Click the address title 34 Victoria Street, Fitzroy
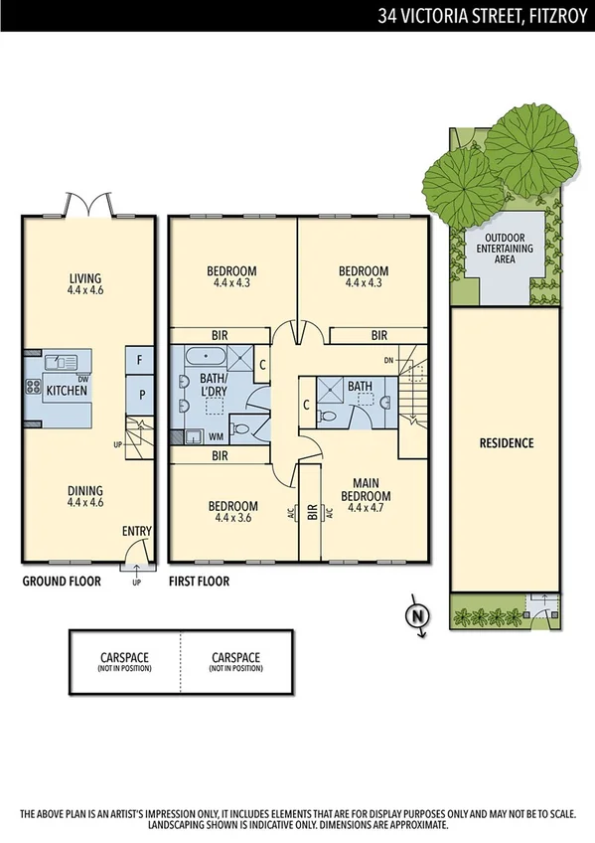tap(483, 15)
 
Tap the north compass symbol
tap(418, 616)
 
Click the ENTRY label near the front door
tap(136, 533)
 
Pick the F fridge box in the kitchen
tap(141, 359)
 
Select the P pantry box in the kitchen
tap(141, 395)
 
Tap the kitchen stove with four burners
tap(33, 387)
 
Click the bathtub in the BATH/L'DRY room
tap(191, 357)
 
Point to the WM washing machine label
tap(216, 435)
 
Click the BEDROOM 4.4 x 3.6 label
tap(231, 511)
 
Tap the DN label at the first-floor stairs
tap(388, 360)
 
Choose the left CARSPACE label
tap(124, 661)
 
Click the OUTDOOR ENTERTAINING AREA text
tap(507, 249)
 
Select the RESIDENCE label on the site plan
tap(507, 443)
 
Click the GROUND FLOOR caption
tap(62, 582)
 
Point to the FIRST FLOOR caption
tap(200, 582)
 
